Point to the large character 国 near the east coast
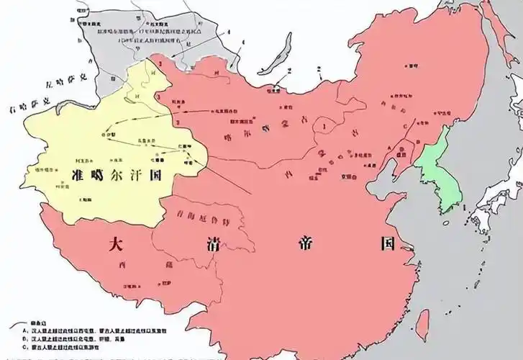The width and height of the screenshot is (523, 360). click(x=388, y=243)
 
